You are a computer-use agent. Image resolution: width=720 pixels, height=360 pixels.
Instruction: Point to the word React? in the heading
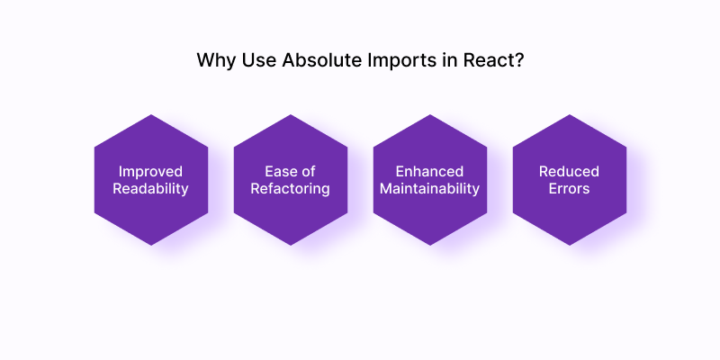pos(493,60)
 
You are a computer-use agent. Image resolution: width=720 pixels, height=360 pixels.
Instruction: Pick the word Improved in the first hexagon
pos(150,172)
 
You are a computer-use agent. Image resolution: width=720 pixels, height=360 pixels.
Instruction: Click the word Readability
pos(150,189)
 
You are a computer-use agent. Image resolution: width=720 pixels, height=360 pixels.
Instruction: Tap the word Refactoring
pos(290,189)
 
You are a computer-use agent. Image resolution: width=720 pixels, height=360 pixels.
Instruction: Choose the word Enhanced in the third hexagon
pos(430,171)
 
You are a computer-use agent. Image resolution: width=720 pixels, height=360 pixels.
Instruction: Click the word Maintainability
pos(430,189)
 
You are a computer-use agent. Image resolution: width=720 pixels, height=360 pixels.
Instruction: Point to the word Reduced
pos(569,171)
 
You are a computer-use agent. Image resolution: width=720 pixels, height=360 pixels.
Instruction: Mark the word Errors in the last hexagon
pos(569,189)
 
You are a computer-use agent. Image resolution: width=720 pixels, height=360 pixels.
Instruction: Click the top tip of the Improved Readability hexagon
pos(151,114)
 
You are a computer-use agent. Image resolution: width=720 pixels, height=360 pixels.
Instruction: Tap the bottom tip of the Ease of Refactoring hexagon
pos(291,246)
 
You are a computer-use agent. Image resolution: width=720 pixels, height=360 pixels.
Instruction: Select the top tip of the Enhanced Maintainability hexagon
pos(430,114)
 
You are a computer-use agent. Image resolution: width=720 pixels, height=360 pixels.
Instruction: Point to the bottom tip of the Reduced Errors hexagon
pos(570,246)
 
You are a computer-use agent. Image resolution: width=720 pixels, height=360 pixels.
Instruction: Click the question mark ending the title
pos(519,60)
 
